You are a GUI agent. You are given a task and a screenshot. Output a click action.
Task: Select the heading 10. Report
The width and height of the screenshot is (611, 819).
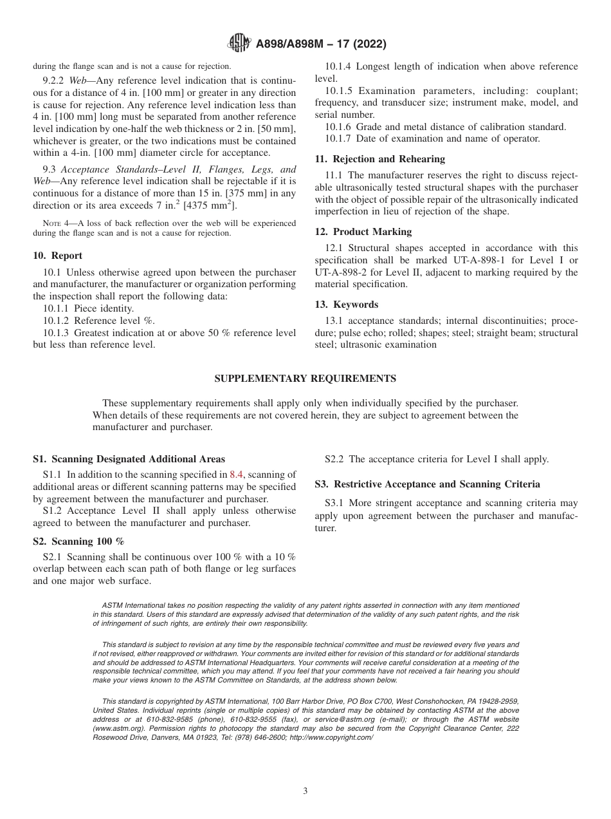(58, 256)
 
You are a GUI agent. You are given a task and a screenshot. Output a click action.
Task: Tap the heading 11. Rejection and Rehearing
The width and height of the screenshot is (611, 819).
(379, 159)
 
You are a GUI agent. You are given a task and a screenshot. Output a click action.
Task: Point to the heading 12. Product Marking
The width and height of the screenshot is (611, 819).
(363, 232)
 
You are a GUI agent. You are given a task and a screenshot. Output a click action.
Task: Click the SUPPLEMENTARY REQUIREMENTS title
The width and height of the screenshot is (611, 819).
(305, 379)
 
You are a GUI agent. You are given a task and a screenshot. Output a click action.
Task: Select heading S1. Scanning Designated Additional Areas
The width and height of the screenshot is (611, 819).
(129, 459)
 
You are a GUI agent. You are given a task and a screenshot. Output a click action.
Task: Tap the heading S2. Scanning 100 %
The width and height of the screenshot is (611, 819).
(78, 541)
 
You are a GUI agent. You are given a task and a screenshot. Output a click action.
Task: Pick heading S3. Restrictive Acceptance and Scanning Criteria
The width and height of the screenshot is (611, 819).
(427, 484)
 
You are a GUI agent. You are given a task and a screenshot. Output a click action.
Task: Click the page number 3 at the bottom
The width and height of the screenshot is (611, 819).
(305, 791)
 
